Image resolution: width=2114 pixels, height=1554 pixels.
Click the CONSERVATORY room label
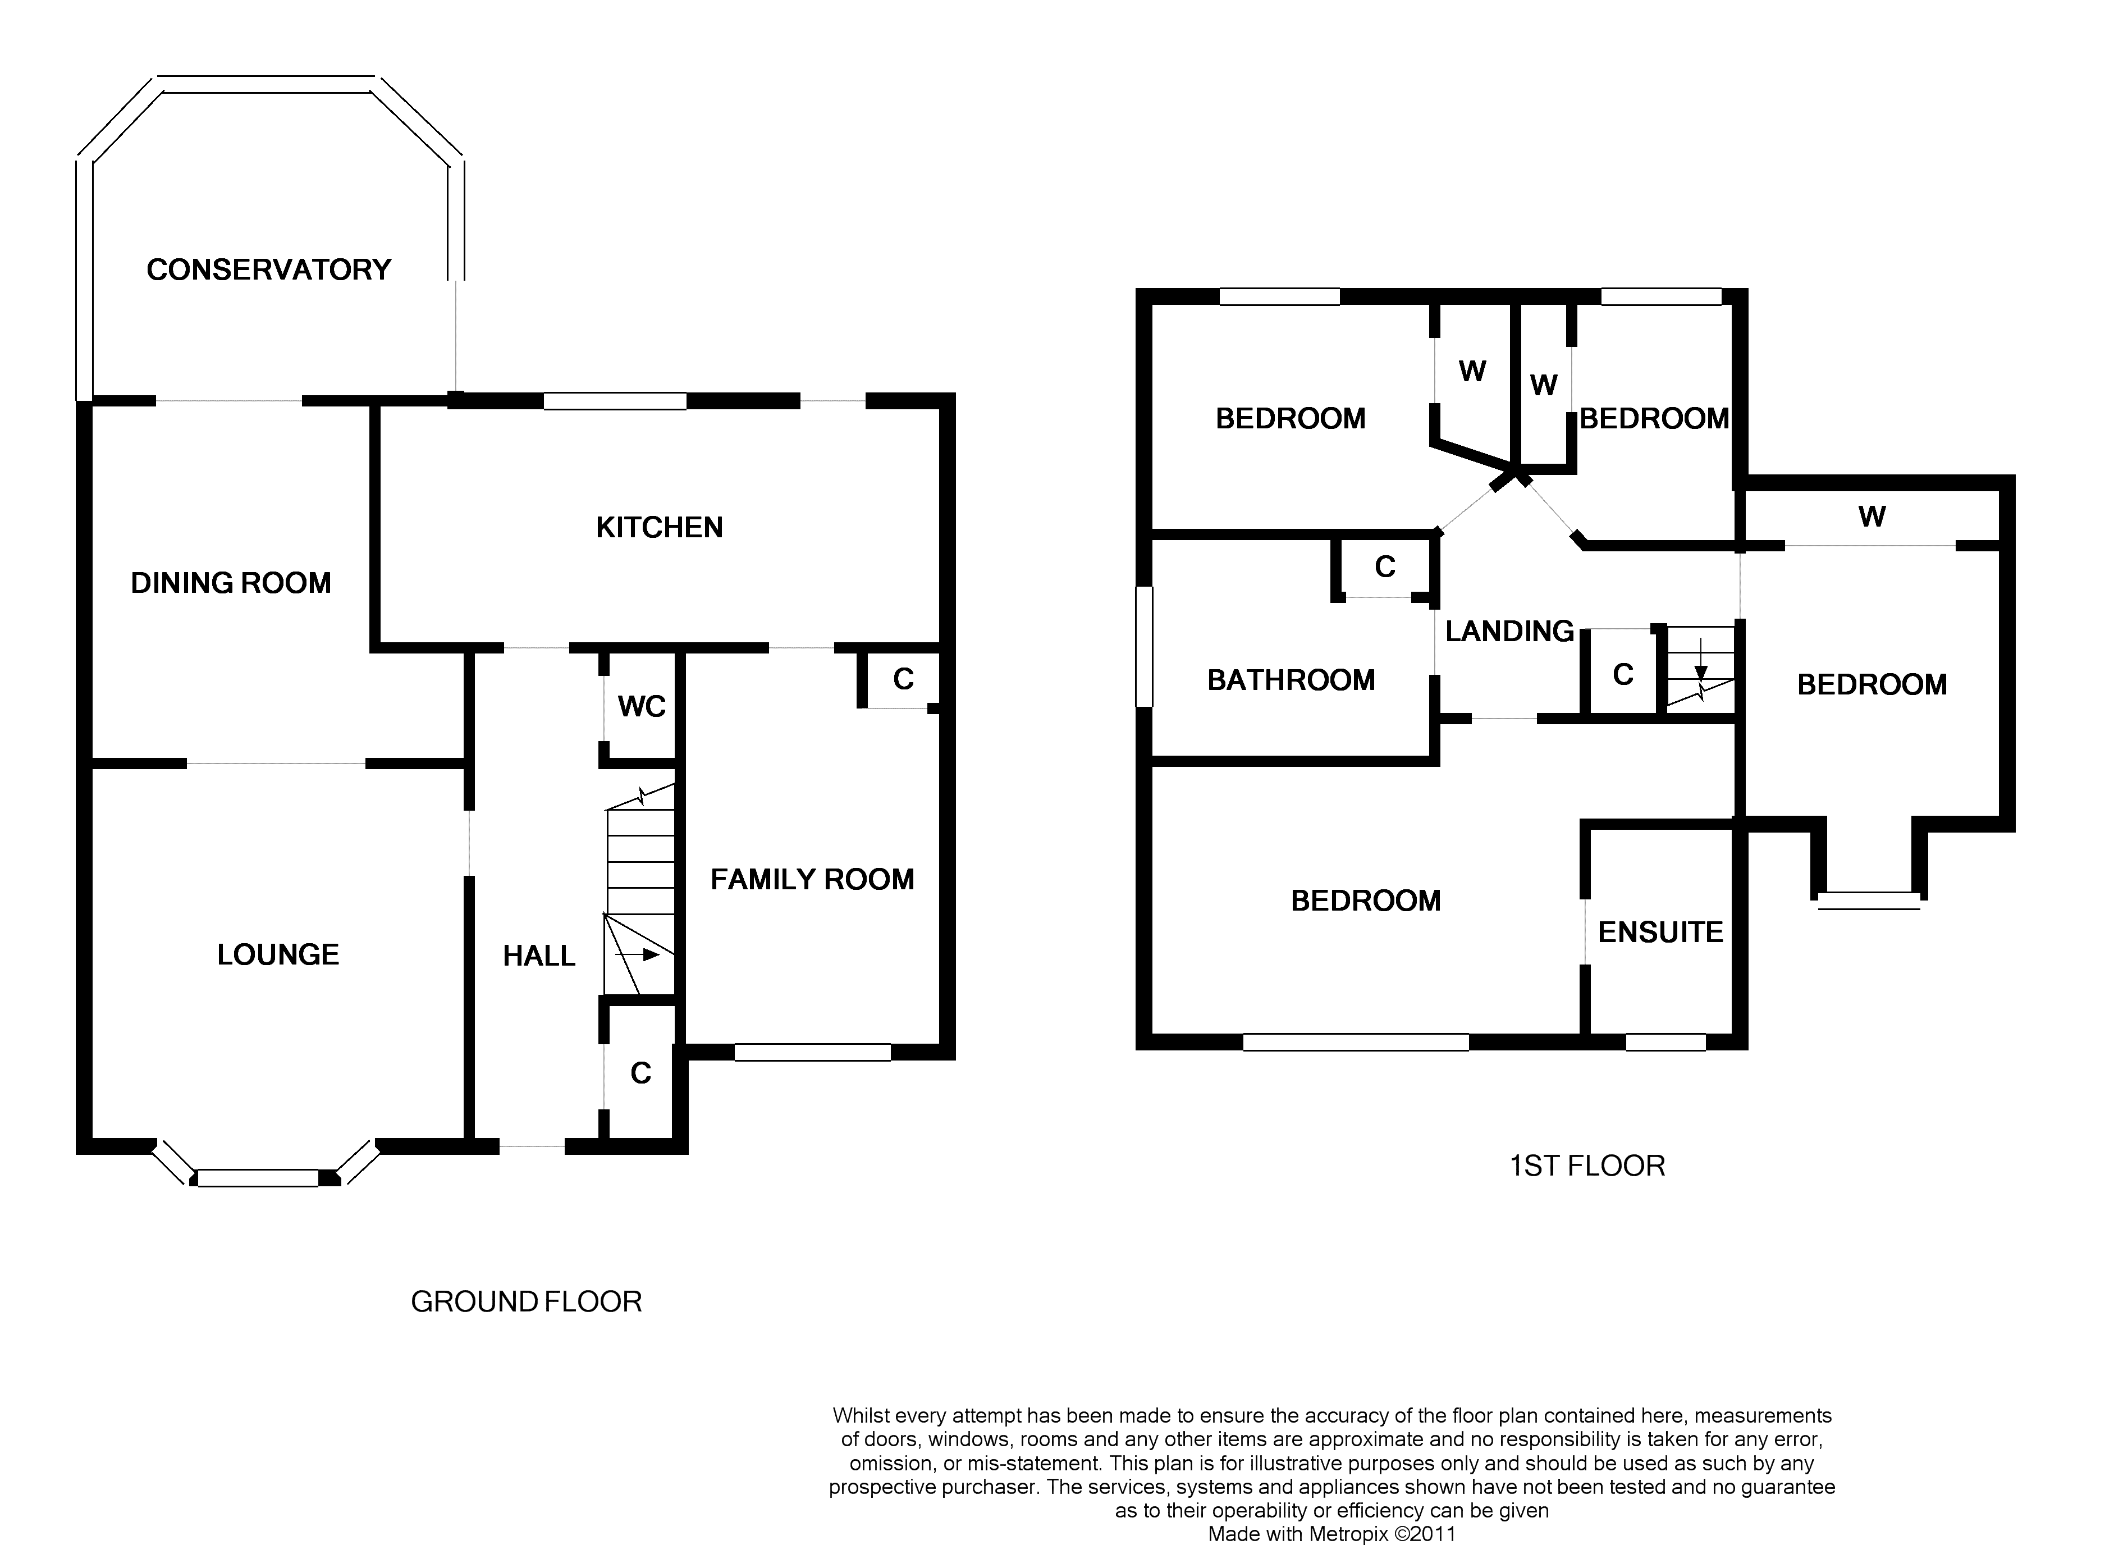tap(269, 270)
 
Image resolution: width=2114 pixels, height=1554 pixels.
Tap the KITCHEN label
tap(659, 528)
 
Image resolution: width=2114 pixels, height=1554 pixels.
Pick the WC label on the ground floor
tap(642, 706)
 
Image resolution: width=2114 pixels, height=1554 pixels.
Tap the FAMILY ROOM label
tap(812, 880)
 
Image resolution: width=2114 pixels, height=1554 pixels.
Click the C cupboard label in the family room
tap(903, 679)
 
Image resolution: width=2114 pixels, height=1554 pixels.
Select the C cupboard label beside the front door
tap(640, 1073)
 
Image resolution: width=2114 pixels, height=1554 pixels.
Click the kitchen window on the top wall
tap(615, 401)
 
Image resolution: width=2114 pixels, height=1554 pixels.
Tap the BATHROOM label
tap(1291, 680)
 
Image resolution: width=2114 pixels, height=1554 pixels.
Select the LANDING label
tap(1509, 631)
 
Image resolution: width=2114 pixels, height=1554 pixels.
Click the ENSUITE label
tap(1661, 932)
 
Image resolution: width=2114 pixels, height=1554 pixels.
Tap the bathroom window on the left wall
tap(1145, 646)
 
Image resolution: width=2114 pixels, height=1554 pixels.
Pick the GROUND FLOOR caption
tap(527, 1302)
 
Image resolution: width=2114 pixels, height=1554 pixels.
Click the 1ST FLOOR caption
tap(1587, 1167)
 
